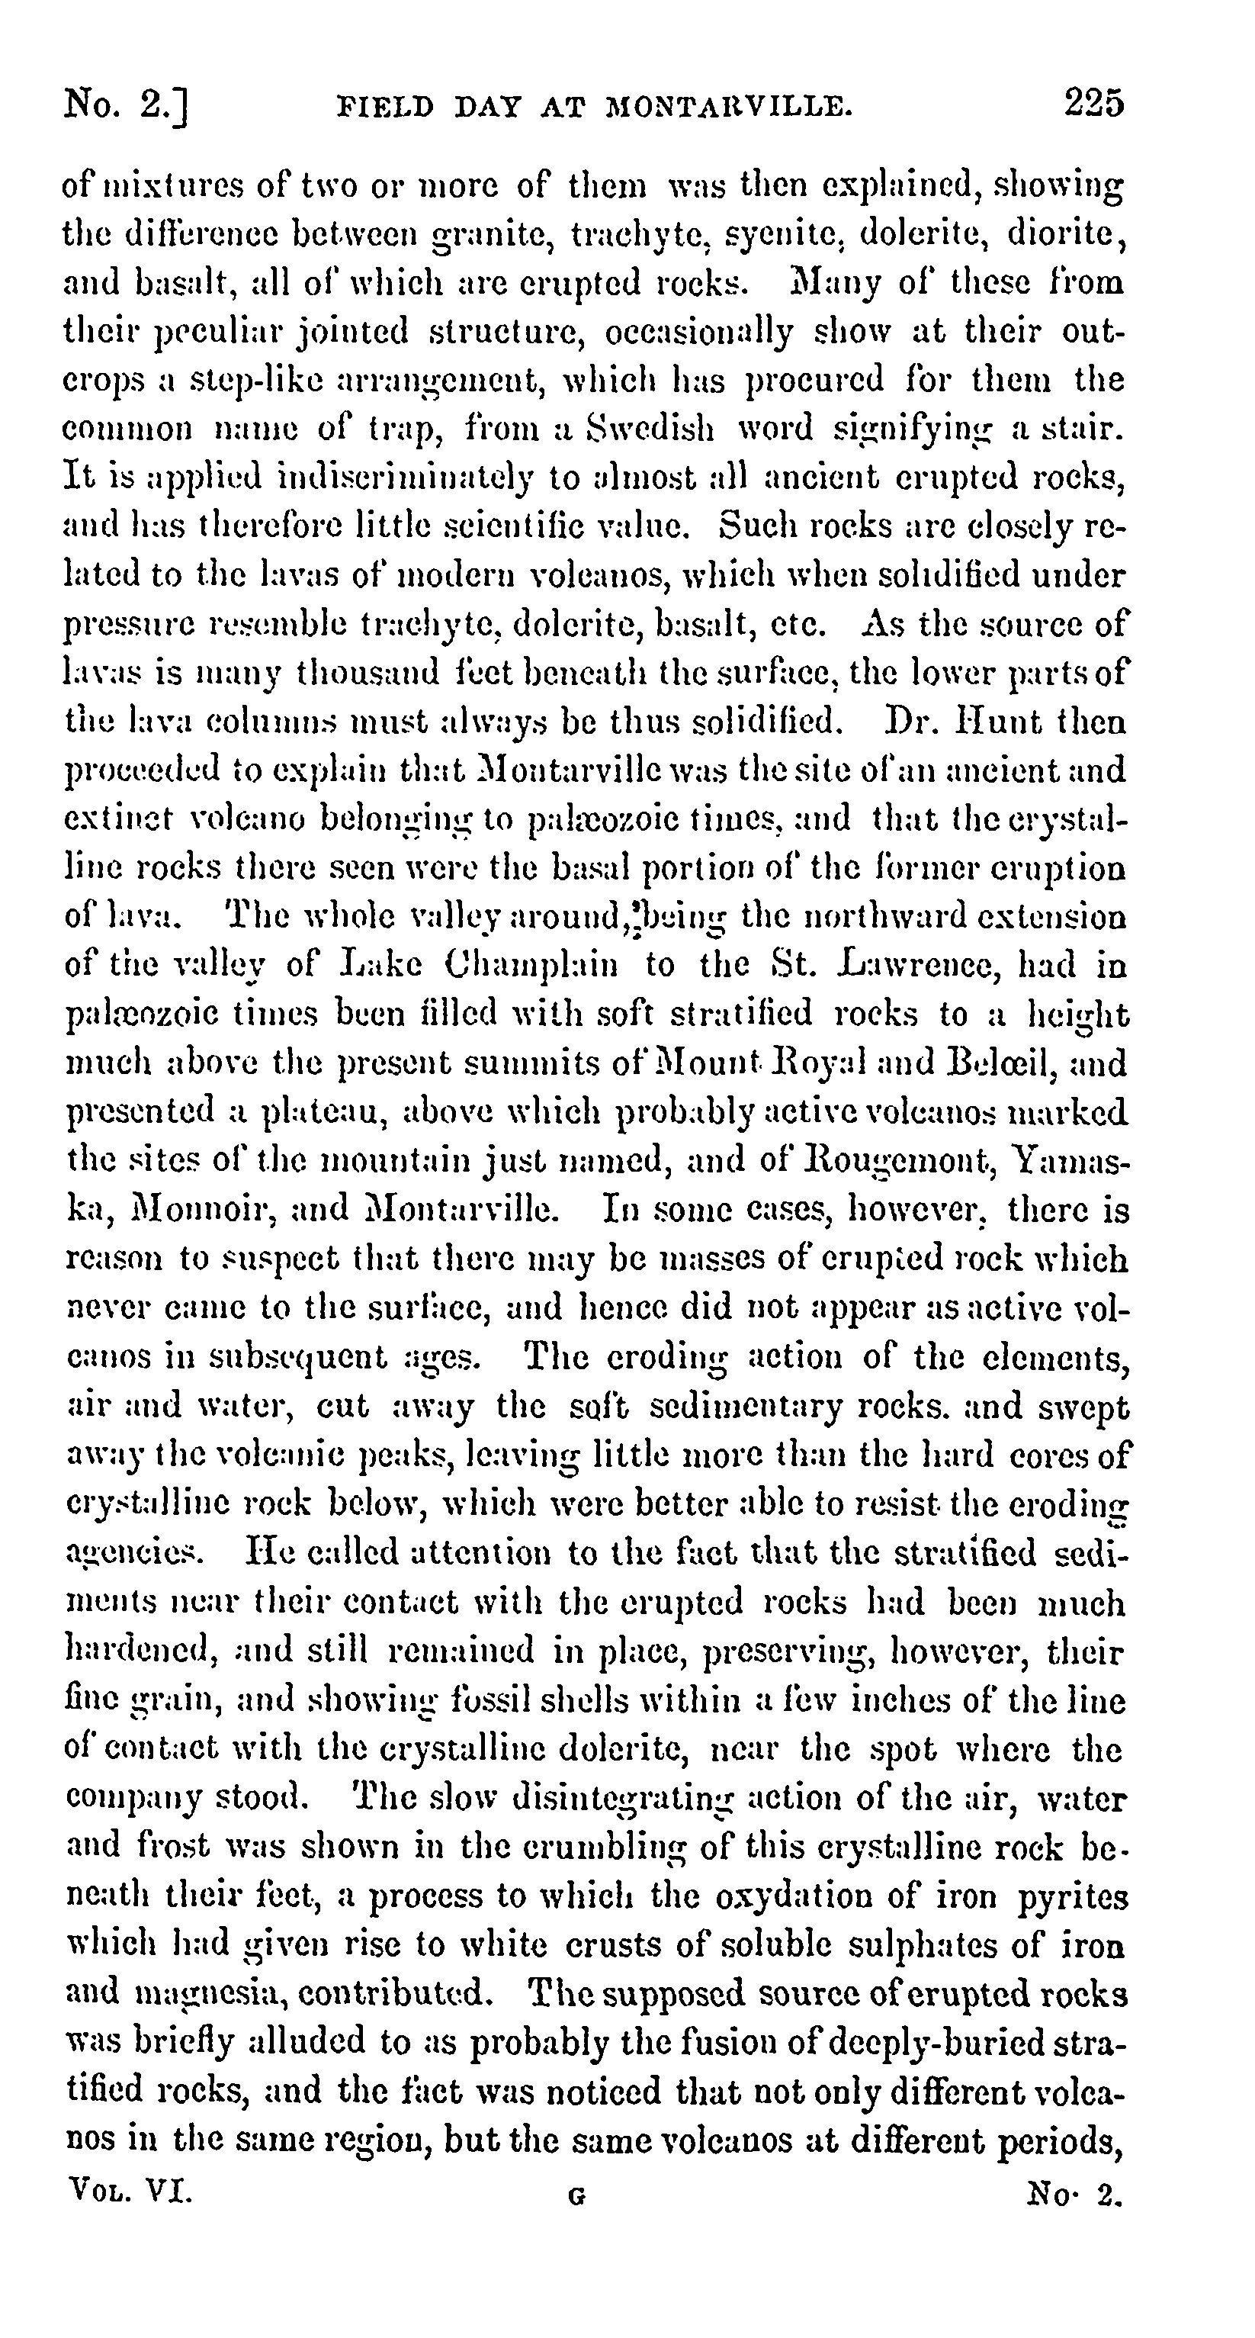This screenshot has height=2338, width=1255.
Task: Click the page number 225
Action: tap(1094, 104)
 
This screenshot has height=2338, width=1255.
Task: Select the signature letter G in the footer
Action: tap(576, 2198)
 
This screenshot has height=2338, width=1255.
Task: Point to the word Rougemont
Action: tap(910, 1160)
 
